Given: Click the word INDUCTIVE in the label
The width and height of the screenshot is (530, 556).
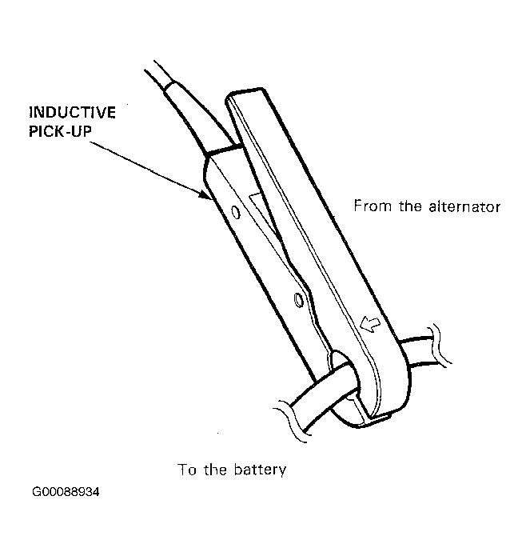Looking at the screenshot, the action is click(72, 113).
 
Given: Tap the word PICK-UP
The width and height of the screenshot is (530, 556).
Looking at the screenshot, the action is click(60, 131).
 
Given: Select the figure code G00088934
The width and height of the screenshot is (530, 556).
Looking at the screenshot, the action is click(66, 492).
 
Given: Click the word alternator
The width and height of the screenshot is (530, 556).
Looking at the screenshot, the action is click(464, 206).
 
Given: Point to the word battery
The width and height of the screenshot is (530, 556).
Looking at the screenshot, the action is click(260, 470).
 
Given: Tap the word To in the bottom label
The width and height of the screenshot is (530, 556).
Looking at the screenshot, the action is click(187, 470).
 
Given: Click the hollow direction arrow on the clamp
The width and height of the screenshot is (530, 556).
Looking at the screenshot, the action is click(370, 324).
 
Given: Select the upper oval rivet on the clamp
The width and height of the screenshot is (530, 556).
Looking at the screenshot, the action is click(236, 212).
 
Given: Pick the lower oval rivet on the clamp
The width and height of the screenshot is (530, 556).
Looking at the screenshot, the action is click(299, 300).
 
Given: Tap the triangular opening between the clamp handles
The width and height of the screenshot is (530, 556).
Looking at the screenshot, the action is click(264, 214).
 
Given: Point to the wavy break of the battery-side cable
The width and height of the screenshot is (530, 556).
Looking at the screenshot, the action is click(290, 422).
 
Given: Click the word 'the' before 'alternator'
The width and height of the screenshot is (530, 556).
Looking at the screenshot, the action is click(410, 206).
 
